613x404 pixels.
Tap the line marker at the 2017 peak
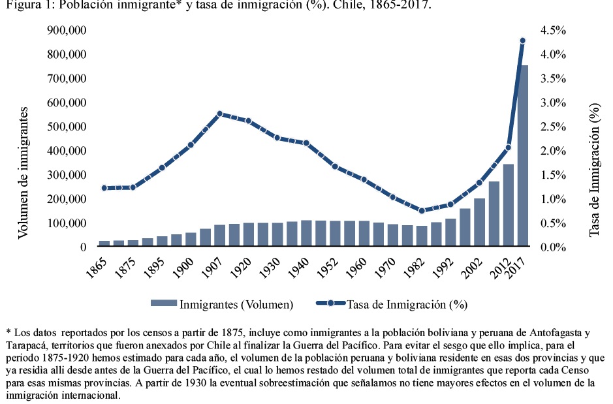[x=522, y=40]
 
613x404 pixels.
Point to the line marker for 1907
[x=219, y=114]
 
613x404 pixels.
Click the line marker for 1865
[x=104, y=188]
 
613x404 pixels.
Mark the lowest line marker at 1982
[x=422, y=211]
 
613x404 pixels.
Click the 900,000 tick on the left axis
[x=67, y=31]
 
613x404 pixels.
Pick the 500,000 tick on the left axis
[x=67, y=127]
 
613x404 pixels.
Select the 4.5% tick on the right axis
[x=552, y=31]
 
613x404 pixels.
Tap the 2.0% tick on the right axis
[x=552, y=151]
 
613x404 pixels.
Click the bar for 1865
[x=104, y=244]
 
